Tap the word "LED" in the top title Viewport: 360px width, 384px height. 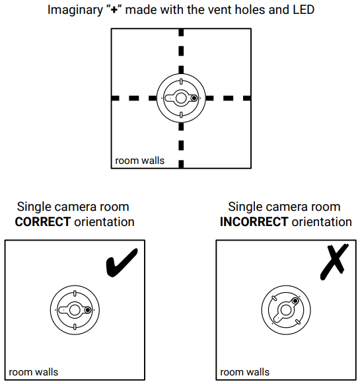click(x=301, y=11)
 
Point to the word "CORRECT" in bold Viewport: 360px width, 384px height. click(x=42, y=222)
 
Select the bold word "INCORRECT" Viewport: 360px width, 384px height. click(x=254, y=222)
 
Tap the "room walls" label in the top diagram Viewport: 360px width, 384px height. click(x=139, y=161)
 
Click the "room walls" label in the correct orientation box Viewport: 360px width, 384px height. click(x=34, y=372)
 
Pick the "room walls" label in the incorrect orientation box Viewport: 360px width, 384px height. click(x=245, y=372)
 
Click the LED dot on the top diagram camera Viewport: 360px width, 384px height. click(x=194, y=98)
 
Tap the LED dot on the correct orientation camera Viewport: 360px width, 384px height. click(x=87, y=309)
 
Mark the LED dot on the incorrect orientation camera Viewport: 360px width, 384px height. click(x=295, y=301)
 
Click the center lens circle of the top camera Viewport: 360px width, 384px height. click(x=180, y=98)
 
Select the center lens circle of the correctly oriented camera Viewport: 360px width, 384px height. click(x=74, y=309)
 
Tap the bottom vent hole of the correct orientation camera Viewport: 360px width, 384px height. click(x=74, y=326)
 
